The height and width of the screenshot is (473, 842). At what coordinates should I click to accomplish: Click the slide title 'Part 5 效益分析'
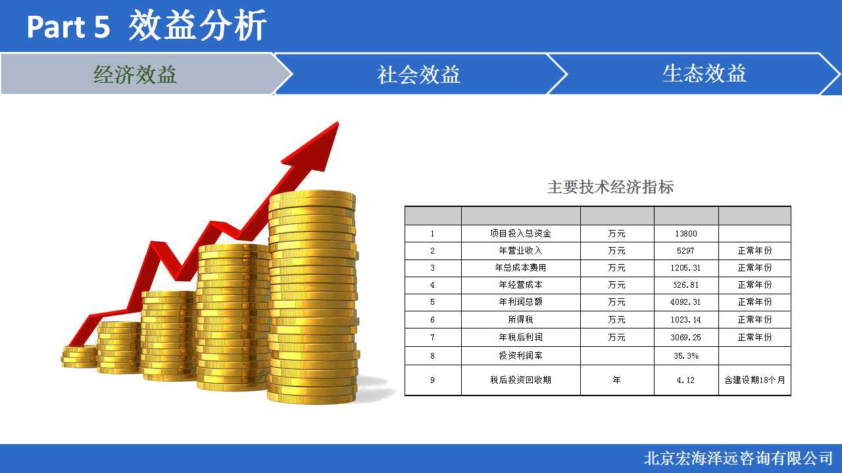coord(147,26)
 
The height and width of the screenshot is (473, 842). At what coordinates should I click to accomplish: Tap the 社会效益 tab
coord(418,74)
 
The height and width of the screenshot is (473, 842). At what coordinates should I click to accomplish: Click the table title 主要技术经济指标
coord(610,187)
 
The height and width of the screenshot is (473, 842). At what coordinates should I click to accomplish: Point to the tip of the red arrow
coord(337,122)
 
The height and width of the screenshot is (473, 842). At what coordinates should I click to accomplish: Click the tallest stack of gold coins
coord(312,296)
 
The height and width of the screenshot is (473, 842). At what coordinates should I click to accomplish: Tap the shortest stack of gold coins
coord(79,357)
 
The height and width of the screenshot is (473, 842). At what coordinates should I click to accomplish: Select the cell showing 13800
coord(686,233)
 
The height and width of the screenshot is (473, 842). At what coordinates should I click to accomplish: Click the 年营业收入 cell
coord(520,250)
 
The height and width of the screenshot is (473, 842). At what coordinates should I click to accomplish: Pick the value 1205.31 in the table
coord(685,267)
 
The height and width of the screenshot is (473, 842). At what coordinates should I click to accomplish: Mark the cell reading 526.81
coord(685,285)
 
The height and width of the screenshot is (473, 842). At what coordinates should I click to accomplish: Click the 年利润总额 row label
coord(520,302)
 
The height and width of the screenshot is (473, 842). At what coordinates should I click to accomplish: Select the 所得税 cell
coord(520,319)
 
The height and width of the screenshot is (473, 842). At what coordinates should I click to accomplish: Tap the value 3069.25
coord(685,338)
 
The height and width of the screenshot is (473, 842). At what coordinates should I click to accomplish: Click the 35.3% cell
coord(686,356)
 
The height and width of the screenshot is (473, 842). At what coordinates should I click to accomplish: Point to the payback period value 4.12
coord(685,380)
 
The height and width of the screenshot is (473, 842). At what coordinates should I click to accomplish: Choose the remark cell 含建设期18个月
coord(755,380)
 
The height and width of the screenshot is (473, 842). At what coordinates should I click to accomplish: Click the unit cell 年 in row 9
coord(617,380)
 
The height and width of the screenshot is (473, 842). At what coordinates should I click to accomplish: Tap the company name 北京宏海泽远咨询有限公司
coord(738,459)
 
